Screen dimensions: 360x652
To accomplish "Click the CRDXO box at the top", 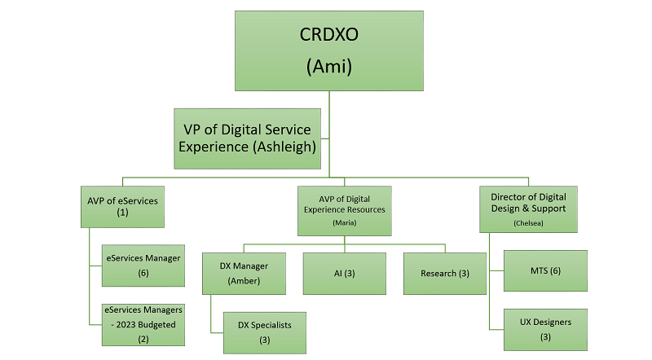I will (328, 50).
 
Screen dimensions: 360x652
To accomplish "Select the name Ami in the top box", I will (328, 67).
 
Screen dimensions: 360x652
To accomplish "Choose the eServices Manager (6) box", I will (143, 266).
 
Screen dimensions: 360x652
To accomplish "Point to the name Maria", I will (344, 222).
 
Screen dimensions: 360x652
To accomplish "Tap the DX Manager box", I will (244, 273).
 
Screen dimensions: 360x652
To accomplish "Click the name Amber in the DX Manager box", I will (244, 282).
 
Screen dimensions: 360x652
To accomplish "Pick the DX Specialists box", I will (265, 332).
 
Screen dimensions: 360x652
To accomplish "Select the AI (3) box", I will (344, 273).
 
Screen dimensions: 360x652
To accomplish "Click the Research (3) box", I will (446, 273).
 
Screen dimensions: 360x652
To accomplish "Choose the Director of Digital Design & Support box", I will (528, 208).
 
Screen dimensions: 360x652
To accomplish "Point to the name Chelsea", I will (528, 222).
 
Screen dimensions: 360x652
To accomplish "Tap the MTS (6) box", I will (546, 270).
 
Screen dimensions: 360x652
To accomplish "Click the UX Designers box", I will (546, 329).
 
